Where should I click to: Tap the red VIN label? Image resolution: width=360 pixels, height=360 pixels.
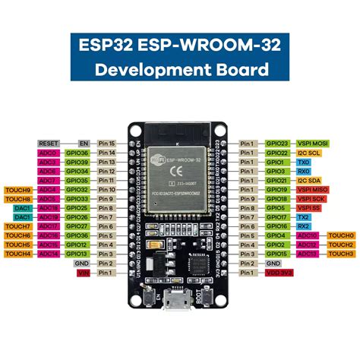coord(84,272)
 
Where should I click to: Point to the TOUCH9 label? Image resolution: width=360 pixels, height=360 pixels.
coord(17,190)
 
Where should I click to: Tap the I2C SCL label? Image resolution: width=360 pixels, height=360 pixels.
coord(309,153)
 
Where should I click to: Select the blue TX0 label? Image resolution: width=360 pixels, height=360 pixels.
coord(303,162)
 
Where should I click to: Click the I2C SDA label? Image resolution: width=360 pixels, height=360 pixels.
coord(309,180)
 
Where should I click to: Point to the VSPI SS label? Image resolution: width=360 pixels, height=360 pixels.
coord(308,208)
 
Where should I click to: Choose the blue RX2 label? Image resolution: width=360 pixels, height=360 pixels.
coord(303,226)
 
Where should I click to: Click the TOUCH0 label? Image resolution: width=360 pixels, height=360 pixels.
coord(341,235)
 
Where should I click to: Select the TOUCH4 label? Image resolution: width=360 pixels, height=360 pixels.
coord(17,254)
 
